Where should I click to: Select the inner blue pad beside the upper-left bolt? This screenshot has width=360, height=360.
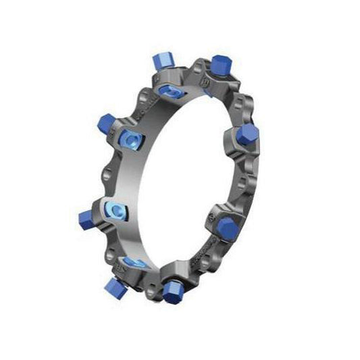pos(130,140)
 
